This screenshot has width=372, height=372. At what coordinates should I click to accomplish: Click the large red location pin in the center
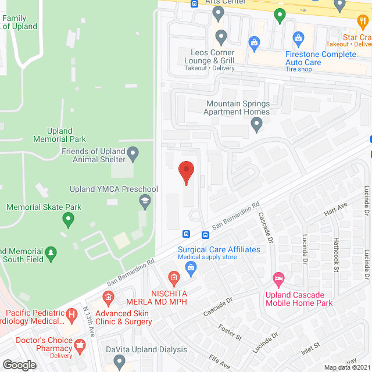186,173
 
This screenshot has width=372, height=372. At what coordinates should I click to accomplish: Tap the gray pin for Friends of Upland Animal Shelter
134,154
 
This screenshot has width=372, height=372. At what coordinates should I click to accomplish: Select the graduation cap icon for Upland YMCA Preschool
144,201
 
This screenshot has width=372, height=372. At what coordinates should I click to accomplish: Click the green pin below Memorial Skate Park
69,220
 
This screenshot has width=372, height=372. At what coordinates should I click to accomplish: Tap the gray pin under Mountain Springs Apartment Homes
256,124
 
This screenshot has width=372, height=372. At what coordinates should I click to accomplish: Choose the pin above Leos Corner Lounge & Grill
221,38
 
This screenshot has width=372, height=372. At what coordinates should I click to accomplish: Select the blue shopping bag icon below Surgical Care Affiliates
190,267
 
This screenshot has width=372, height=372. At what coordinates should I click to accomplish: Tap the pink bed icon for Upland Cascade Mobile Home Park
279,281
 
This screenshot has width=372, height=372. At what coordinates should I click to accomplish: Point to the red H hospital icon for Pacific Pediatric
71,316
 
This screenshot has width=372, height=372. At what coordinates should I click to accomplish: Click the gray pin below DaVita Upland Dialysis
120,362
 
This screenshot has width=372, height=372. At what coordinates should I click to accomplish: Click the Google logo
19,364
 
